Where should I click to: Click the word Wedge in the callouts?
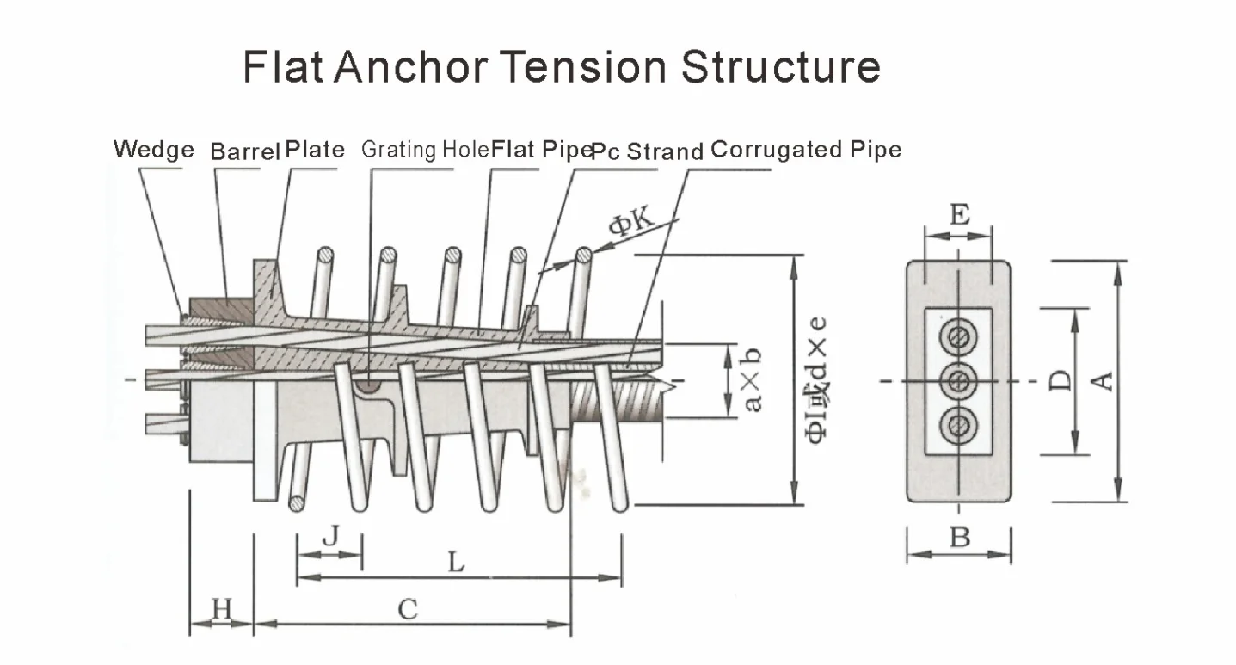[x=154, y=150]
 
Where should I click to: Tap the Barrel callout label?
[x=245, y=151]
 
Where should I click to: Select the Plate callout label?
[x=315, y=150]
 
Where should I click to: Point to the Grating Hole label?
[x=425, y=150]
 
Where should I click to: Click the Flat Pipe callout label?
[x=541, y=150]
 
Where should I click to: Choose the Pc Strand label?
[x=648, y=151]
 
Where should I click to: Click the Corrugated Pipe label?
[x=806, y=150]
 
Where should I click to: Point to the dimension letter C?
[x=408, y=609]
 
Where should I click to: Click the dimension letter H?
[x=222, y=609]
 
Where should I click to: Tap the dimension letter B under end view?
[x=959, y=539]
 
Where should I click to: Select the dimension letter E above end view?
[x=958, y=213]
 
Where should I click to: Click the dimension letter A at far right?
[x=1103, y=379]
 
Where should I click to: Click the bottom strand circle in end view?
[x=958, y=424]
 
